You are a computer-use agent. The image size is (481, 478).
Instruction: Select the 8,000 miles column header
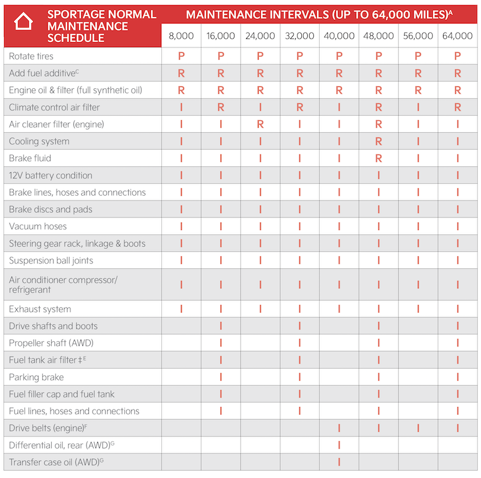(181, 36)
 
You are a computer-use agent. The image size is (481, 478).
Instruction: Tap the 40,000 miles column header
(339, 36)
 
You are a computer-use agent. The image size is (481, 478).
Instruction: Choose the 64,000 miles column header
(458, 36)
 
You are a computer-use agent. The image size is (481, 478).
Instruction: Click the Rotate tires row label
(31, 56)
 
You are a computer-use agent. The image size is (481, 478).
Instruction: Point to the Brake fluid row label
(30, 159)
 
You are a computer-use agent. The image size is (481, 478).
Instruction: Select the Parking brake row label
(36, 377)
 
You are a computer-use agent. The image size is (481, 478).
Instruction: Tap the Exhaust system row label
(40, 309)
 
